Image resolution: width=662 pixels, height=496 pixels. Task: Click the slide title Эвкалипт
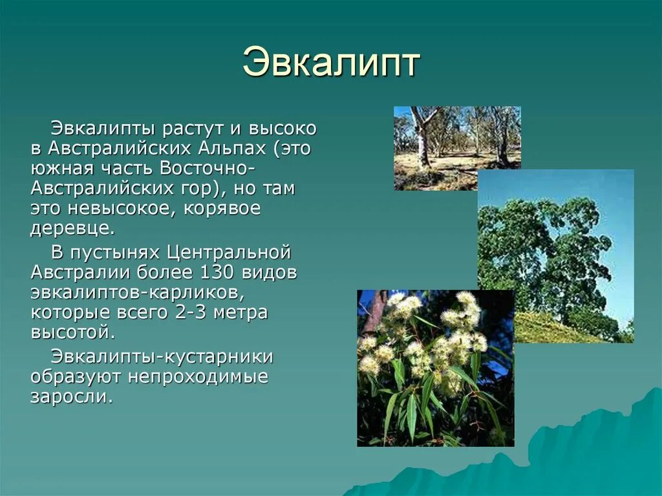(x=331, y=63)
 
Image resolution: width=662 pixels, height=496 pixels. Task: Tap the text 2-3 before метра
(x=191, y=313)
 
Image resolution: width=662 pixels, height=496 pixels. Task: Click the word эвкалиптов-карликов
(x=136, y=292)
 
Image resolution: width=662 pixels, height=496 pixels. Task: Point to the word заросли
(x=71, y=396)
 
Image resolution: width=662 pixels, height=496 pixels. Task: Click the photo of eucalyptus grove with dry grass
(x=457, y=147)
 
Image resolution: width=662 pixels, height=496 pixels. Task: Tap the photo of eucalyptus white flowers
(x=435, y=367)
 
